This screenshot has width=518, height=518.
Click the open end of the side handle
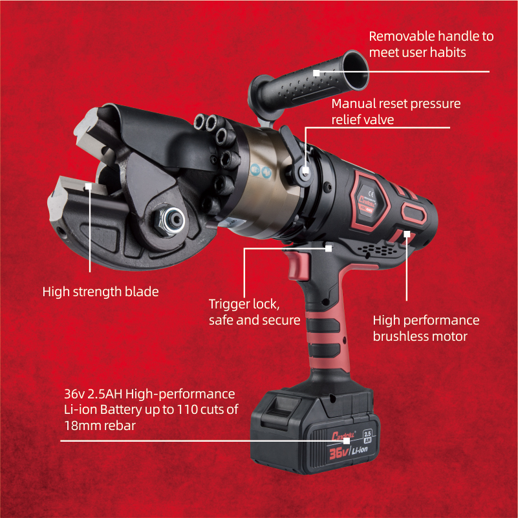click(x=355, y=70)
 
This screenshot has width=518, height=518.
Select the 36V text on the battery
click(x=339, y=453)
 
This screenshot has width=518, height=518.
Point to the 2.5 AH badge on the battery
click(x=367, y=437)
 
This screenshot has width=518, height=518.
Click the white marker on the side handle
click(x=316, y=73)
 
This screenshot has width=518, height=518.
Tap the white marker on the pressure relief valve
click(x=306, y=171)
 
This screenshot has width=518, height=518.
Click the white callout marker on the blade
click(x=88, y=186)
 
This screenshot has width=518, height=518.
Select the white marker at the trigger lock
click(x=329, y=248)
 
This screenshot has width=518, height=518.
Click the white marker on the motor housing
click(x=407, y=234)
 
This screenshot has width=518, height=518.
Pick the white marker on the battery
click(x=346, y=440)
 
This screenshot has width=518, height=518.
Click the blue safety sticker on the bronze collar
click(x=261, y=171)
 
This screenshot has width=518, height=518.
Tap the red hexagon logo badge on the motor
click(x=370, y=200)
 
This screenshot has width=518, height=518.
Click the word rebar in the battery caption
click(x=120, y=426)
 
